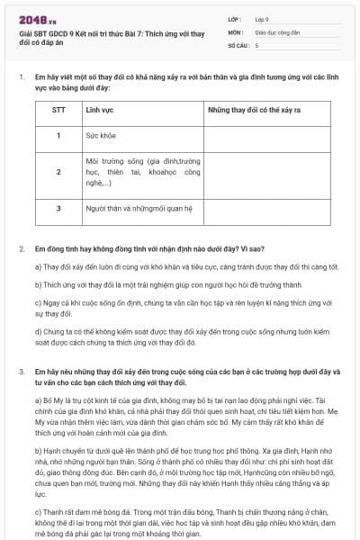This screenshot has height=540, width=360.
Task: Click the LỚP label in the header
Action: [236, 17]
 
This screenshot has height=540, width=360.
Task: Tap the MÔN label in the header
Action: [236, 31]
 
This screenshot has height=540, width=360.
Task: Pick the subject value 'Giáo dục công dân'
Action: [278, 31]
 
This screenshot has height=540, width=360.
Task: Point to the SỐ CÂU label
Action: [238, 44]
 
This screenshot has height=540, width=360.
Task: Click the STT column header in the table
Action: [58, 108]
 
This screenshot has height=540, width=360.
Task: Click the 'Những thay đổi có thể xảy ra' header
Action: [253, 108]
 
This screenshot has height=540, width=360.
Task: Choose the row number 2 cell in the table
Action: [58, 171]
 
